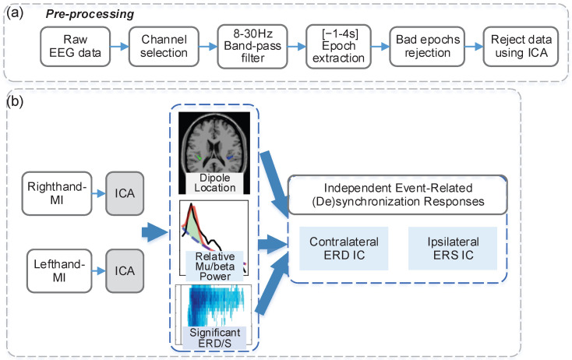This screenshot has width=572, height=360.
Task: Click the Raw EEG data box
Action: pos(75,46)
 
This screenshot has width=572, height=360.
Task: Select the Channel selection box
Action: pos(164,46)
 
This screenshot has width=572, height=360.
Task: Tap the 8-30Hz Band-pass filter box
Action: pos(252,46)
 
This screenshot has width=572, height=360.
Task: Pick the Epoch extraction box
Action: pos(338,46)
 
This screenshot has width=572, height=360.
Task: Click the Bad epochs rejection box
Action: pos(427,46)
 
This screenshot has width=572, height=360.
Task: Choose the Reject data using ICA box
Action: pos(521,46)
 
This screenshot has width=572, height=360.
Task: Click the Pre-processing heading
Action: pos(90,14)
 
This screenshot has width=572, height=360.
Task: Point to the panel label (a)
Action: pos(15,12)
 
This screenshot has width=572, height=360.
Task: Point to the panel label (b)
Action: pos(15,101)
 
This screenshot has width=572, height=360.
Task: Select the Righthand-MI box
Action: pos(57,193)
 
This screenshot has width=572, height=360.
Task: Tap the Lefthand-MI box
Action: pos(59,270)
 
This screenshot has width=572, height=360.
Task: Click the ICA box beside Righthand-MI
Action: pos(125,193)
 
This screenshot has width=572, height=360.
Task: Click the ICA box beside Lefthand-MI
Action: pos(125,270)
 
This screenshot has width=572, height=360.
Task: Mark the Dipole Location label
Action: pos(215,183)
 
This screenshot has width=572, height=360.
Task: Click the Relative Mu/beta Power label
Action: pos(215,266)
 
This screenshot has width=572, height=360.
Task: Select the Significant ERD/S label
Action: pos(214,337)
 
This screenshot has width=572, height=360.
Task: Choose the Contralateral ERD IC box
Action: pos(344,249)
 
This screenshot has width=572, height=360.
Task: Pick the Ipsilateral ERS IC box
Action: pos(453,249)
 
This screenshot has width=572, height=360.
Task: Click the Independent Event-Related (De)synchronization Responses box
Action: pos(397,195)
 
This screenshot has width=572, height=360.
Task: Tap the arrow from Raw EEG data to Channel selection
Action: pos(120,46)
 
